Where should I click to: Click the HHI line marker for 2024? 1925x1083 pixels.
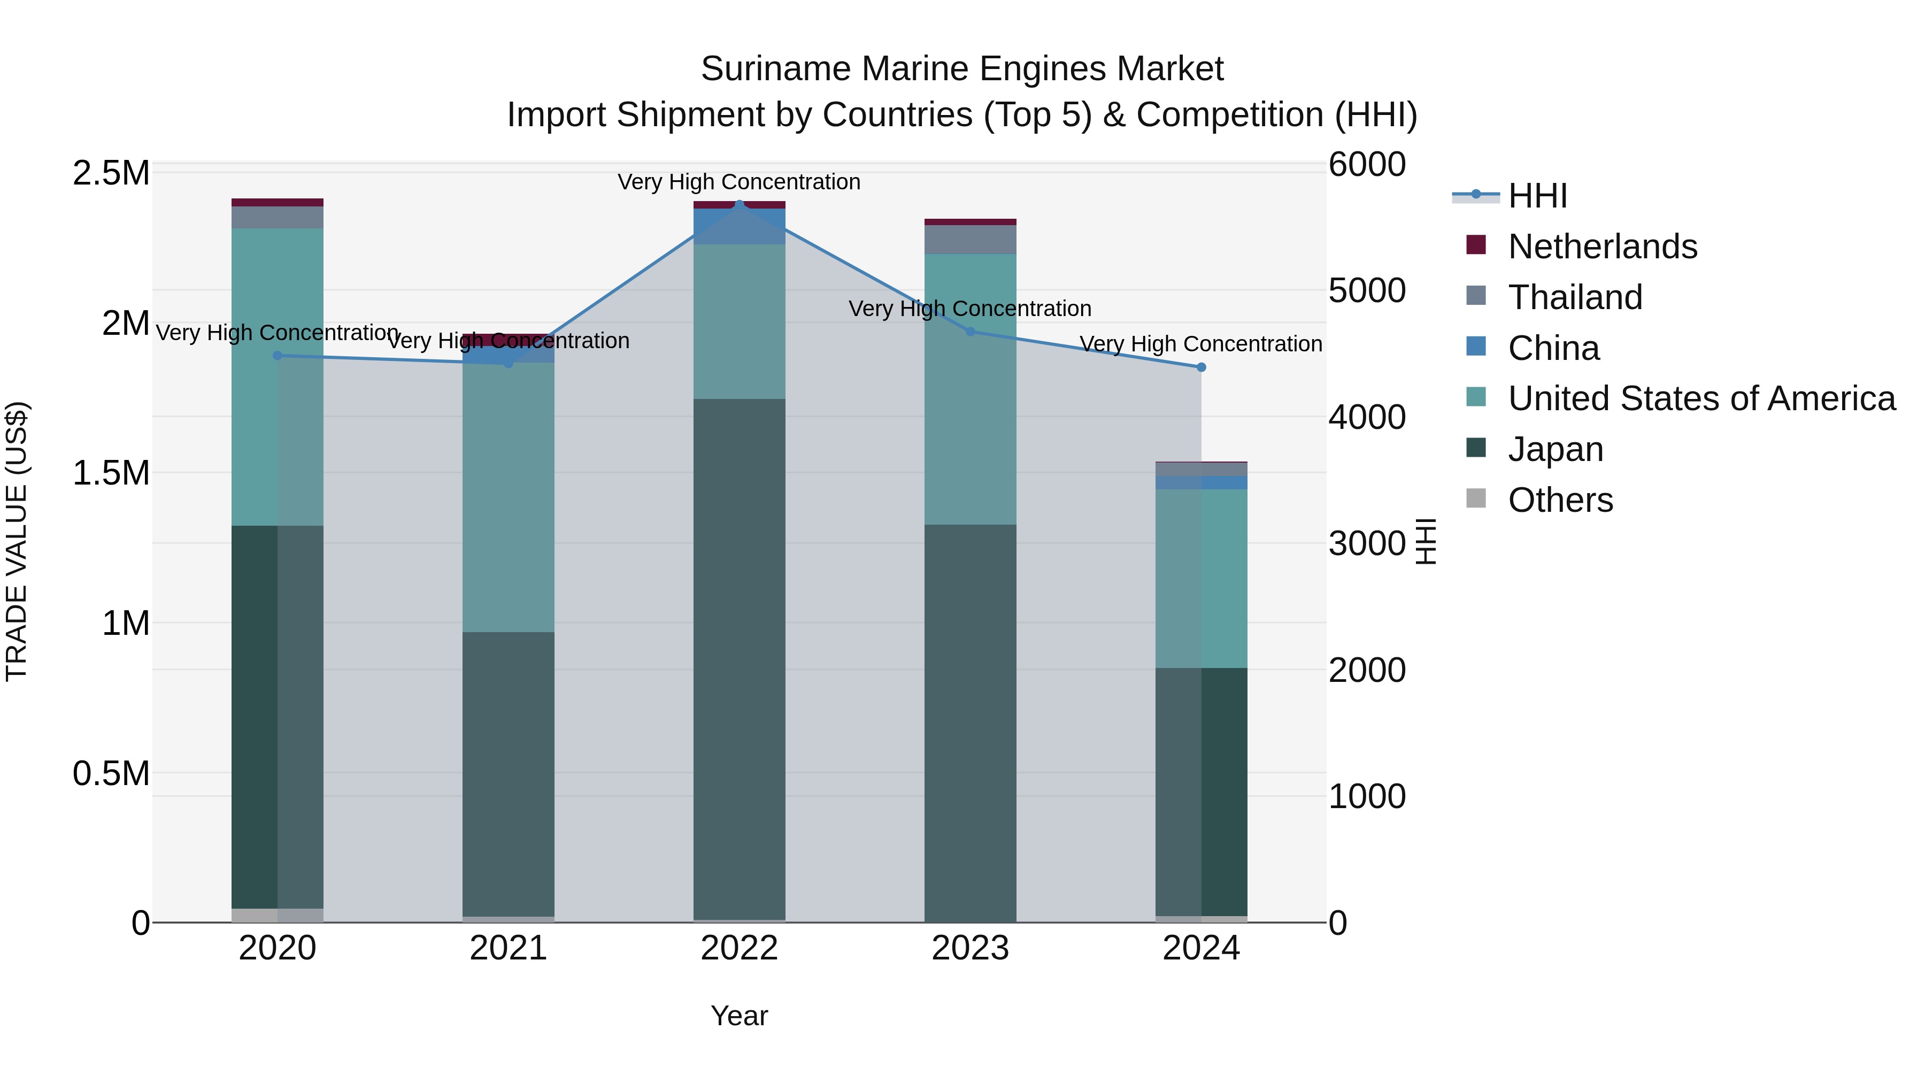pyautogui.click(x=1201, y=367)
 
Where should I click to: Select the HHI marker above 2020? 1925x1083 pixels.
pyautogui.click(x=277, y=356)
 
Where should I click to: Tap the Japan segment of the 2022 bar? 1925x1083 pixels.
pyautogui.click(x=739, y=658)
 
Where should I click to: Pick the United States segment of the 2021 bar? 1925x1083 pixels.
pyautogui.click(x=508, y=497)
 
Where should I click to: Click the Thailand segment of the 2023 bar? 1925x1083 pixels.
pyautogui.click(x=970, y=239)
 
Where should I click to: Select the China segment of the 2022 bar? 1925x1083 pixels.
pyautogui.click(x=739, y=226)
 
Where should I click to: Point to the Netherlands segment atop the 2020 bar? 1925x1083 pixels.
pyautogui.click(x=277, y=203)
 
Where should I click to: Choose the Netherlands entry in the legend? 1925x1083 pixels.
pyautogui.click(x=1602, y=246)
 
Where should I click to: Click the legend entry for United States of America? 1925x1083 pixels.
pyautogui.click(x=1701, y=398)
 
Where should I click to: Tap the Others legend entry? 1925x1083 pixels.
pyautogui.click(x=1560, y=500)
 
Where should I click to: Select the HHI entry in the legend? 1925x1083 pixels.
pyautogui.click(x=1537, y=196)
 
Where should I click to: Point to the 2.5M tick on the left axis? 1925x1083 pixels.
pyautogui.click(x=111, y=173)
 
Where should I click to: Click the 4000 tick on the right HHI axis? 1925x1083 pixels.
pyautogui.click(x=1367, y=417)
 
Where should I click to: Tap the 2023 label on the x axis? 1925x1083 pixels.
pyautogui.click(x=970, y=948)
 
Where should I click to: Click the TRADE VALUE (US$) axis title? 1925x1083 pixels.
pyautogui.click(x=17, y=541)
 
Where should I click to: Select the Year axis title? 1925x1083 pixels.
pyautogui.click(x=739, y=1016)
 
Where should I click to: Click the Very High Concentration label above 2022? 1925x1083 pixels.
pyautogui.click(x=739, y=182)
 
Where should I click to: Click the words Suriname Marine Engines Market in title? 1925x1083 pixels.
pyautogui.click(x=962, y=69)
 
